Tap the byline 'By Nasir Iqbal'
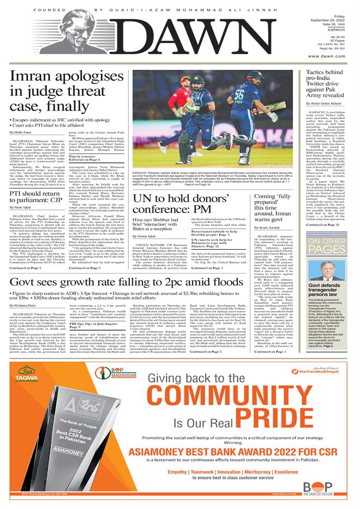21,208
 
